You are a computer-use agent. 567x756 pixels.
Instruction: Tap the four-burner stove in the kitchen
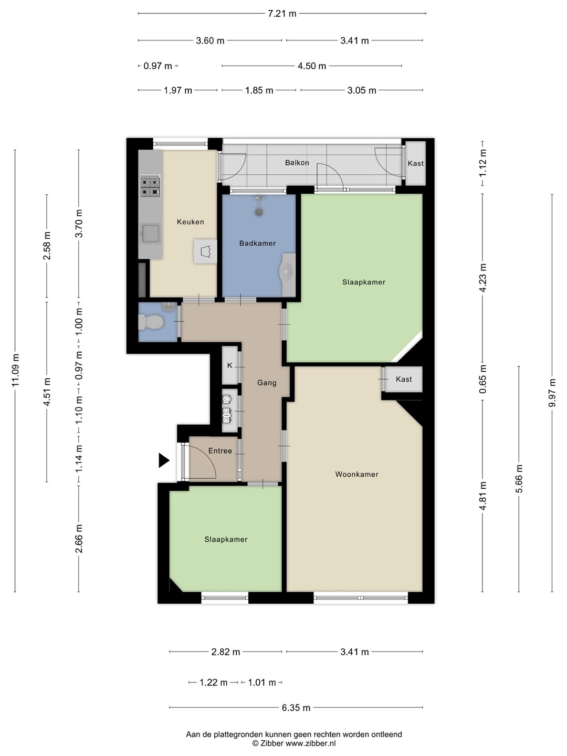coord(150,186)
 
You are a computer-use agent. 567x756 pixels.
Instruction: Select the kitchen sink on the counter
coord(151,234)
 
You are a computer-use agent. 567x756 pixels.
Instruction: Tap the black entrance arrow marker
coord(164,460)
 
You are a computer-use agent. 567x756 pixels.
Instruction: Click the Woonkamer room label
coord(356,474)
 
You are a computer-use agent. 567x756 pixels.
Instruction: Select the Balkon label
coord(297,163)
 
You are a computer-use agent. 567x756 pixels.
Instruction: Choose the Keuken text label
coord(191,222)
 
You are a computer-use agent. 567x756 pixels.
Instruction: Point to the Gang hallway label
coord(267,383)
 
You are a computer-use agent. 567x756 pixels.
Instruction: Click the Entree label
coord(220,450)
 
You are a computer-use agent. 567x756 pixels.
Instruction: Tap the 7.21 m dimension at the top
coord(282,14)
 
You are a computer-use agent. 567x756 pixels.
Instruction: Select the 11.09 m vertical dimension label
coord(16,370)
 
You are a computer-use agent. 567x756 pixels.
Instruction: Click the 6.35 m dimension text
coord(296,707)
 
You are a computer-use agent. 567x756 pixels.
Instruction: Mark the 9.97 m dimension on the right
coord(552,392)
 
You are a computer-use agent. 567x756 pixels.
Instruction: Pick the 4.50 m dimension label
coord(311,66)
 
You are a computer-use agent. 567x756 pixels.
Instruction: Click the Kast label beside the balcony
coord(415,163)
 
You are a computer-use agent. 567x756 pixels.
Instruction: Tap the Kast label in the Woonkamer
coord(404,379)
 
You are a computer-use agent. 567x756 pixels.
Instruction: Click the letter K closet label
coord(229,365)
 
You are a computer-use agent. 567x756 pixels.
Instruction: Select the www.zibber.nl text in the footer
coord(310,743)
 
